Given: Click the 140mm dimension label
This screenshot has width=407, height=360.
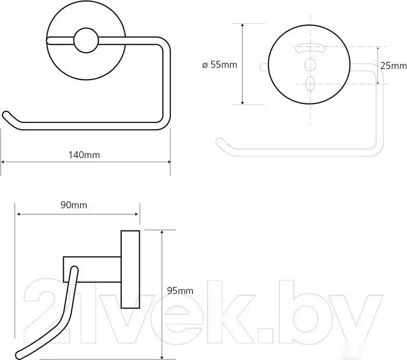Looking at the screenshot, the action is (x=84, y=155).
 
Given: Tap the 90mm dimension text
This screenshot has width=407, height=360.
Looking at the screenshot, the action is (x=74, y=205).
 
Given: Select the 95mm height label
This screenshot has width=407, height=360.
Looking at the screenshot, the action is (x=180, y=290).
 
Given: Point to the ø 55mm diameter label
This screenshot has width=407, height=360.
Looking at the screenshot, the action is (x=219, y=65).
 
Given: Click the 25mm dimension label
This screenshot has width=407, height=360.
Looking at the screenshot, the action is (x=394, y=66).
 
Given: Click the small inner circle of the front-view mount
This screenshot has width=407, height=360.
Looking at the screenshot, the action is (x=86, y=40).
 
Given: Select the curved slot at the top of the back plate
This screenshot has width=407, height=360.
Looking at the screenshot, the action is (x=310, y=48).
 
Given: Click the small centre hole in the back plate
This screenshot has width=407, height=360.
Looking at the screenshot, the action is (x=310, y=64).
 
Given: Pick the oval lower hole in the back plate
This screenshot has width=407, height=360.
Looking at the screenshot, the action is (x=310, y=84).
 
